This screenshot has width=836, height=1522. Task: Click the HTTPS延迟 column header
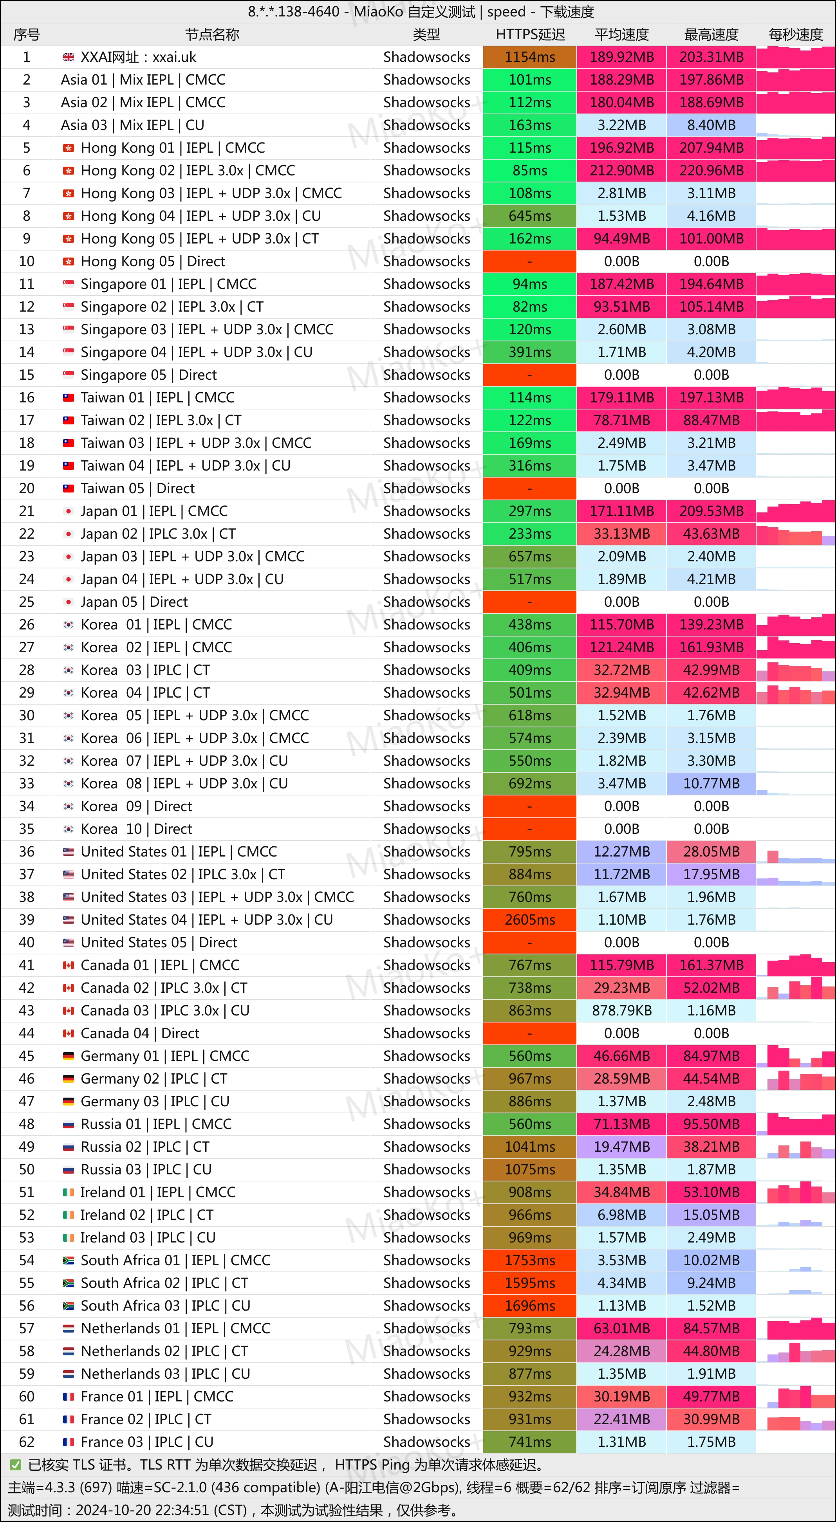click(530, 34)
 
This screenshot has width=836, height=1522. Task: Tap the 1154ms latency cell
click(530, 57)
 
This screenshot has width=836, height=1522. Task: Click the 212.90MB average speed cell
click(621, 171)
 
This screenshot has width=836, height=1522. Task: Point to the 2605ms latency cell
click(530, 920)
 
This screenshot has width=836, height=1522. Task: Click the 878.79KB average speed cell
click(621, 1011)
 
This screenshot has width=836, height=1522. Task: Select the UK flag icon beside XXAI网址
click(69, 57)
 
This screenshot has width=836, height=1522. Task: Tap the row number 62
click(27, 1442)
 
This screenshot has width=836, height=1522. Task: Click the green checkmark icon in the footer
click(15, 1465)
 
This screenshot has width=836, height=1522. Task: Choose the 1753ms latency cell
click(530, 1260)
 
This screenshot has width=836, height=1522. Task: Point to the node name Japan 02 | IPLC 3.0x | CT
click(158, 534)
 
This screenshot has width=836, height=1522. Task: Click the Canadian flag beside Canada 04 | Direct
click(69, 1033)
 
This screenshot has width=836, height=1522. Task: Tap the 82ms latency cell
click(530, 307)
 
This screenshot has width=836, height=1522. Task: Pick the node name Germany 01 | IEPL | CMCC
click(165, 1056)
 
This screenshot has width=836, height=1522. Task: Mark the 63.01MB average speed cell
click(621, 1329)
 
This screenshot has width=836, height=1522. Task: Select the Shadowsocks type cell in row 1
click(426, 57)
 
